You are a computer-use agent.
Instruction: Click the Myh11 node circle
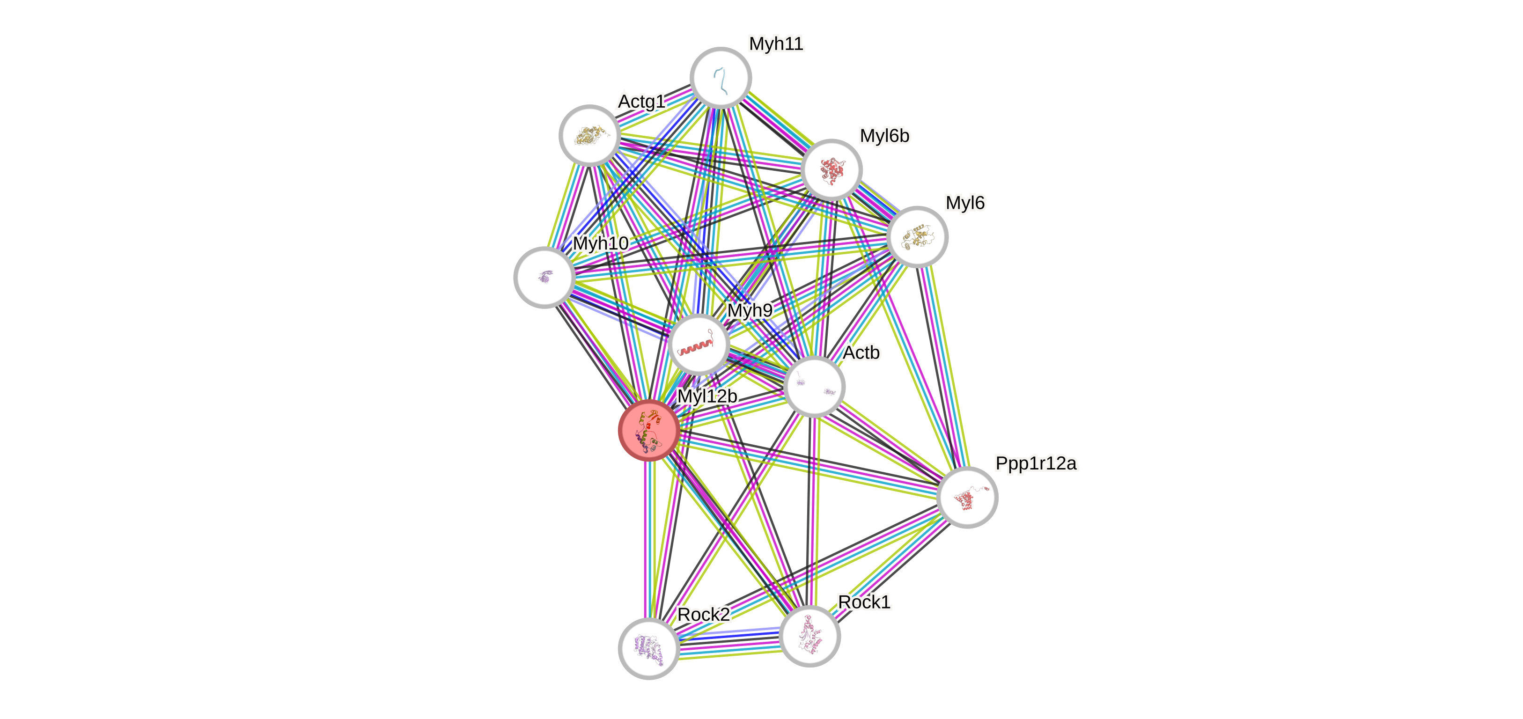point(721,77)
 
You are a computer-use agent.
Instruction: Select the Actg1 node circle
point(589,135)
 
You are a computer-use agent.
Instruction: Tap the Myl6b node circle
point(831,170)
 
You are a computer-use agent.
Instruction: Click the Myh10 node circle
point(544,277)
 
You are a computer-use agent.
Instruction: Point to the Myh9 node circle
point(698,345)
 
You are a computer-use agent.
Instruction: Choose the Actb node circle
point(814,387)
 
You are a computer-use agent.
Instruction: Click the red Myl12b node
point(648,430)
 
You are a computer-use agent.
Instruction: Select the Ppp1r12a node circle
point(967,497)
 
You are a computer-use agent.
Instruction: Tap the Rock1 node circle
point(809,636)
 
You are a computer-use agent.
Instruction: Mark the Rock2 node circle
point(648,649)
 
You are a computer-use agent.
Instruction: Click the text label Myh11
point(776,44)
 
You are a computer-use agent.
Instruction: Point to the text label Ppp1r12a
point(1036,463)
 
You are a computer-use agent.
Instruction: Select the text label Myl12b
point(707,396)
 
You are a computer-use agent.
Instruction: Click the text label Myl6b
point(884,136)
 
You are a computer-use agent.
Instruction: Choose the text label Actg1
point(641,102)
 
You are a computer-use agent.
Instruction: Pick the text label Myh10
point(601,243)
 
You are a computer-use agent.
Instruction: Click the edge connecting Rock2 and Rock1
point(729,642)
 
